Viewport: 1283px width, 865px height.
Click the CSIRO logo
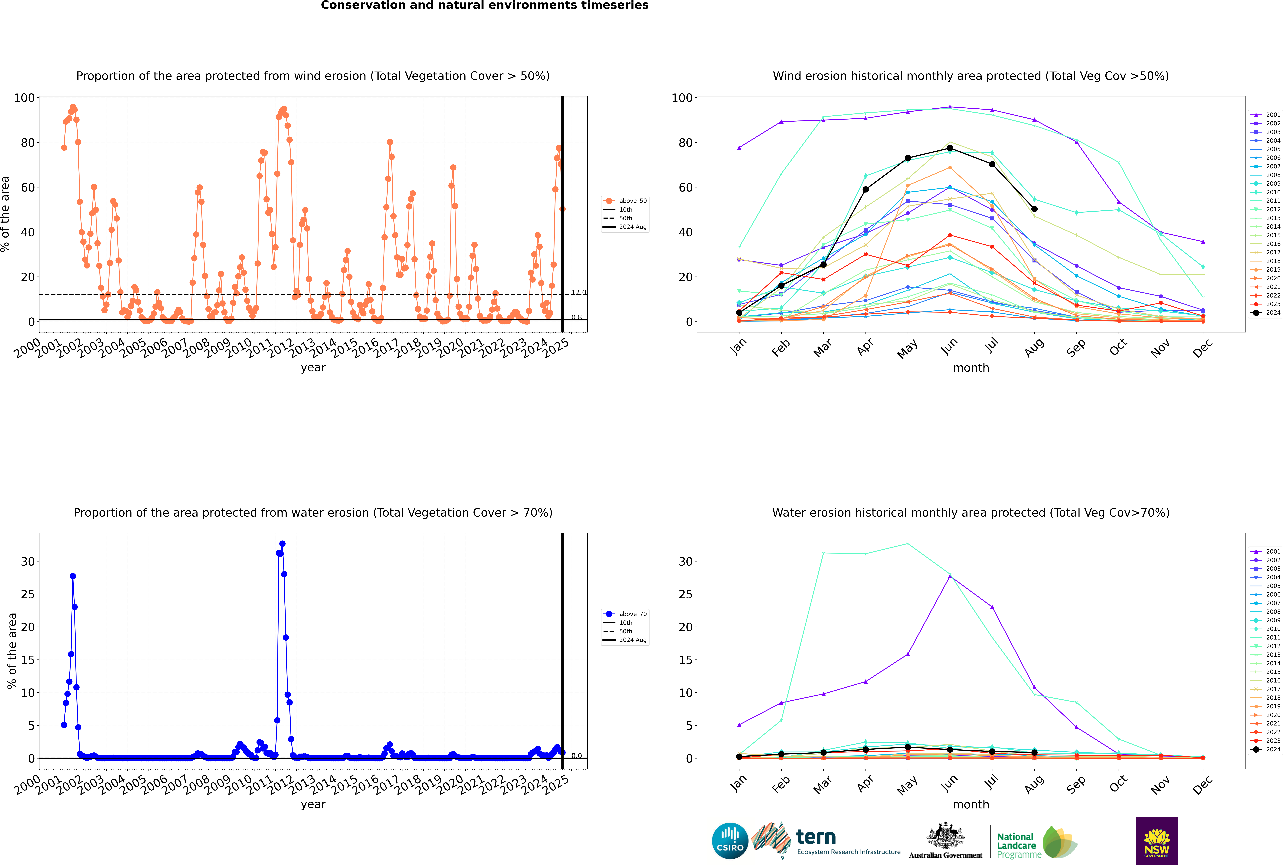click(x=730, y=841)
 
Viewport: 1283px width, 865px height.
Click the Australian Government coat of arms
click(x=945, y=836)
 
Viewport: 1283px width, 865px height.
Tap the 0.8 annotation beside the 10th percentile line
click(x=576, y=317)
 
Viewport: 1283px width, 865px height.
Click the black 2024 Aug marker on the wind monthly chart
click(x=1034, y=209)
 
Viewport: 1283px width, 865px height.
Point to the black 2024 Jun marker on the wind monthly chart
click(x=950, y=148)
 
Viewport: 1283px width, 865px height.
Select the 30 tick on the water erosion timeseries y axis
click(x=28, y=562)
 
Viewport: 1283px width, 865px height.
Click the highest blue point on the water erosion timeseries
click(x=282, y=544)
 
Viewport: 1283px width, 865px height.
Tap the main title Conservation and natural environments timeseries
click(x=485, y=5)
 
